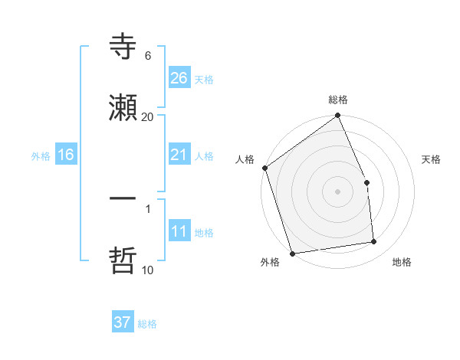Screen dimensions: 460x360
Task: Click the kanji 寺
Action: point(123,47)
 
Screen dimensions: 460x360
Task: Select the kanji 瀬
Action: point(123,108)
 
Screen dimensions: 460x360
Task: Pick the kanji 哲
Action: point(123,260)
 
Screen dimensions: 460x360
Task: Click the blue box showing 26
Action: point(179,77)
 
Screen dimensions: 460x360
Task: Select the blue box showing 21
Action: point(179,155)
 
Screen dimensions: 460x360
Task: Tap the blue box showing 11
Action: point(179,231)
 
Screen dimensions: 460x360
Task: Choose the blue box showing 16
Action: point(66,155)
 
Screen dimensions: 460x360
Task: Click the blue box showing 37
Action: point(123,322)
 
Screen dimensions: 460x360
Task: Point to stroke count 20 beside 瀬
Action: point(148,116)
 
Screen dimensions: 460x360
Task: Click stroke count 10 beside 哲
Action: point(148,270)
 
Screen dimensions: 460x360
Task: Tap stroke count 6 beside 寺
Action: point(148,56)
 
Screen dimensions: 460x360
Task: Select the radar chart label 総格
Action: point(338,100)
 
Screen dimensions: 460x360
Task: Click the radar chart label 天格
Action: point(432,159)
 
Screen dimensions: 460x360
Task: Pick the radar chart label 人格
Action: point(245,159)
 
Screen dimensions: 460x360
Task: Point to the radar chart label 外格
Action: point(270,262)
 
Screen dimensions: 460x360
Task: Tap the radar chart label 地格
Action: point(402,262)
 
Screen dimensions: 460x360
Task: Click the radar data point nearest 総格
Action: point(338,116)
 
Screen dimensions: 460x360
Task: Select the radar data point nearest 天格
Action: point(366,182)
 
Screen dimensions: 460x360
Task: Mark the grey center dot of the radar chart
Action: point(338,191)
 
